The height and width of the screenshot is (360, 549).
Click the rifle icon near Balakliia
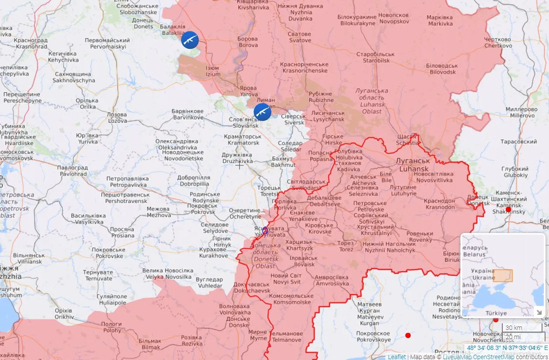[190, 40]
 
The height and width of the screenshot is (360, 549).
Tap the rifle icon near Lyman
[262, 112]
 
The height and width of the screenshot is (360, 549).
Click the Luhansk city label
[412, 164]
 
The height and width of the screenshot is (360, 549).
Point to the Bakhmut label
[283, 162]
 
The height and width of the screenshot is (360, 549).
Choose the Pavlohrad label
[72, 171]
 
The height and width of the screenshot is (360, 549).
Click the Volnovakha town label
[235, 309]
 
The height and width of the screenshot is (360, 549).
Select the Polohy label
[111, 327]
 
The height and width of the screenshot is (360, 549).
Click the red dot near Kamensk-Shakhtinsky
[508, 209]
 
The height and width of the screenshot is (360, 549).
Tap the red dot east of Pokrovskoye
[408, 336]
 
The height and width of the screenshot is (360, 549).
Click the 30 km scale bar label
[514, 328]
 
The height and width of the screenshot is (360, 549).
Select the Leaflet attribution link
[396, 357]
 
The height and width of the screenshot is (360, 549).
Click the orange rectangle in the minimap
[503, 276]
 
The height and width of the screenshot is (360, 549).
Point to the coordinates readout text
[508, 348]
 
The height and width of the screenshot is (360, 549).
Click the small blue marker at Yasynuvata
[265, 230]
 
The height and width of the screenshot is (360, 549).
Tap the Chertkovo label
[498, 43]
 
